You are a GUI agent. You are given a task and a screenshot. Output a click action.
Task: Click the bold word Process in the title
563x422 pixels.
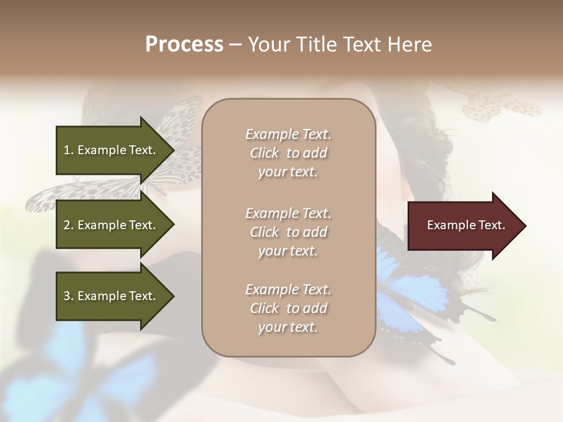(184, 45)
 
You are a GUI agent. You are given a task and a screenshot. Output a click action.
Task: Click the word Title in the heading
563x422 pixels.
(317, 45)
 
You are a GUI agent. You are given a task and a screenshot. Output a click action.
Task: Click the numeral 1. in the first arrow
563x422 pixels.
(68, 150)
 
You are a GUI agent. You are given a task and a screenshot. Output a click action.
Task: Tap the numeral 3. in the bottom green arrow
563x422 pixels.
(68, 296)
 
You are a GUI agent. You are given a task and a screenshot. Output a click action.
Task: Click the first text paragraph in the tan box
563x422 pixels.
(288, 153)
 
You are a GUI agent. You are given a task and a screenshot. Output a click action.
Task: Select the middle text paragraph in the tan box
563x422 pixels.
(288, 232)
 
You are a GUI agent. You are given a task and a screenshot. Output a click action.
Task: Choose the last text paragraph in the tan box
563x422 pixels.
(288, 308)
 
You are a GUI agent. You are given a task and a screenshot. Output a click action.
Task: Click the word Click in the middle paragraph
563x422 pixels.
(264, 232)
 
